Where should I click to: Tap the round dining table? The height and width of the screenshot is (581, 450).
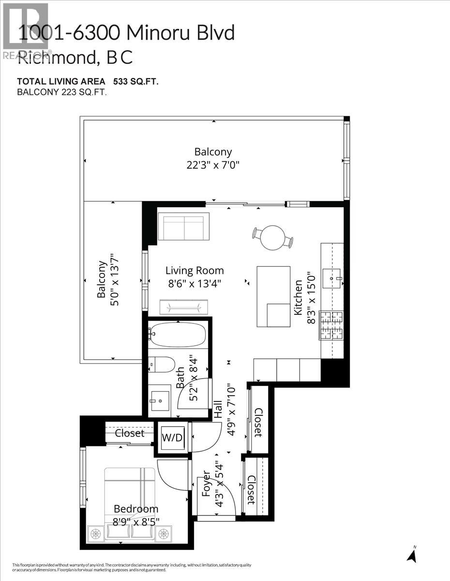coord(272,237)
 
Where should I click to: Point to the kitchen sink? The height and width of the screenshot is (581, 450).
coord(331,278)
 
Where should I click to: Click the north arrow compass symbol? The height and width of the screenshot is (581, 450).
coord(412,554)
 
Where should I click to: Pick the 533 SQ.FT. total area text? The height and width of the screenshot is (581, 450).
coord(136,81)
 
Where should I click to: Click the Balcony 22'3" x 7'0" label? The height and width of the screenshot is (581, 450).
coord(213,158)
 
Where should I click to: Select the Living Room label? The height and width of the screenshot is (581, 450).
coord(195,271)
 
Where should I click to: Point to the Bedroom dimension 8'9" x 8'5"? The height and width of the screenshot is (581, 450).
coord(135,521)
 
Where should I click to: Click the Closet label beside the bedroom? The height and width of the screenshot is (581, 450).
coord(130,433)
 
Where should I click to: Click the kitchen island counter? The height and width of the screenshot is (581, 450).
coord(273,296)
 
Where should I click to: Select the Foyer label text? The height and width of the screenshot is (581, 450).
coord(206,484)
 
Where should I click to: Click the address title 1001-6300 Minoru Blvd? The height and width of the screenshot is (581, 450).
coord(126,33)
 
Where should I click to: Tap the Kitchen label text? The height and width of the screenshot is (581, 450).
coord(298,297)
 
